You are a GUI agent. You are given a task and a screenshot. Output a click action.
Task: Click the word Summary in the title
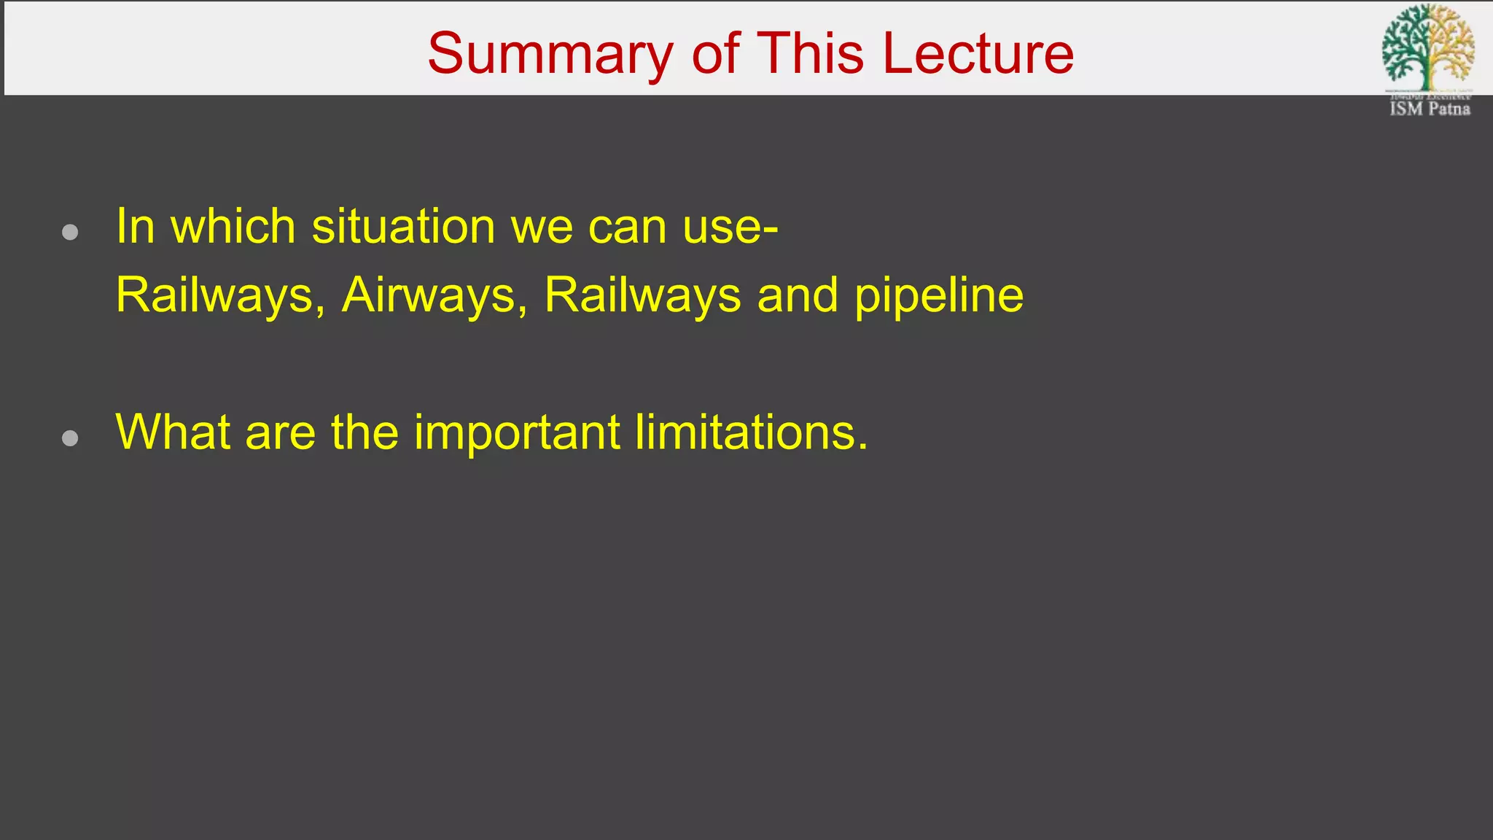point(550,54)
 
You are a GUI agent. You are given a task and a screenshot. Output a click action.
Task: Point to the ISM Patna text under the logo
point(1430,109)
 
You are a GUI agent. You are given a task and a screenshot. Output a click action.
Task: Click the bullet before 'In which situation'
point(70,233)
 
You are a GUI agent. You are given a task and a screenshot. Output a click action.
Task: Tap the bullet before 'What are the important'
point(70,438)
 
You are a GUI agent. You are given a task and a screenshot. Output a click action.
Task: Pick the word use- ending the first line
point(730,228)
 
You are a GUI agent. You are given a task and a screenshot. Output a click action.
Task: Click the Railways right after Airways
point(642,296)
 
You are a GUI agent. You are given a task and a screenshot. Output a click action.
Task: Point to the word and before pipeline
point(798,296)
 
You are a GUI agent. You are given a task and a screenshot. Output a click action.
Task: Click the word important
point(517,433)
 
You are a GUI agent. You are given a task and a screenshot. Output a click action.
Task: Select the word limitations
point(751,432)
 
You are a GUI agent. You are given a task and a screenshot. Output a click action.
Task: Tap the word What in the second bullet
point(173,432)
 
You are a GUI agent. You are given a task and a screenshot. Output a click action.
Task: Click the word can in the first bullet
point(627,228)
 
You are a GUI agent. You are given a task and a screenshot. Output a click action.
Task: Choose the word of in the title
point(716,54)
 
